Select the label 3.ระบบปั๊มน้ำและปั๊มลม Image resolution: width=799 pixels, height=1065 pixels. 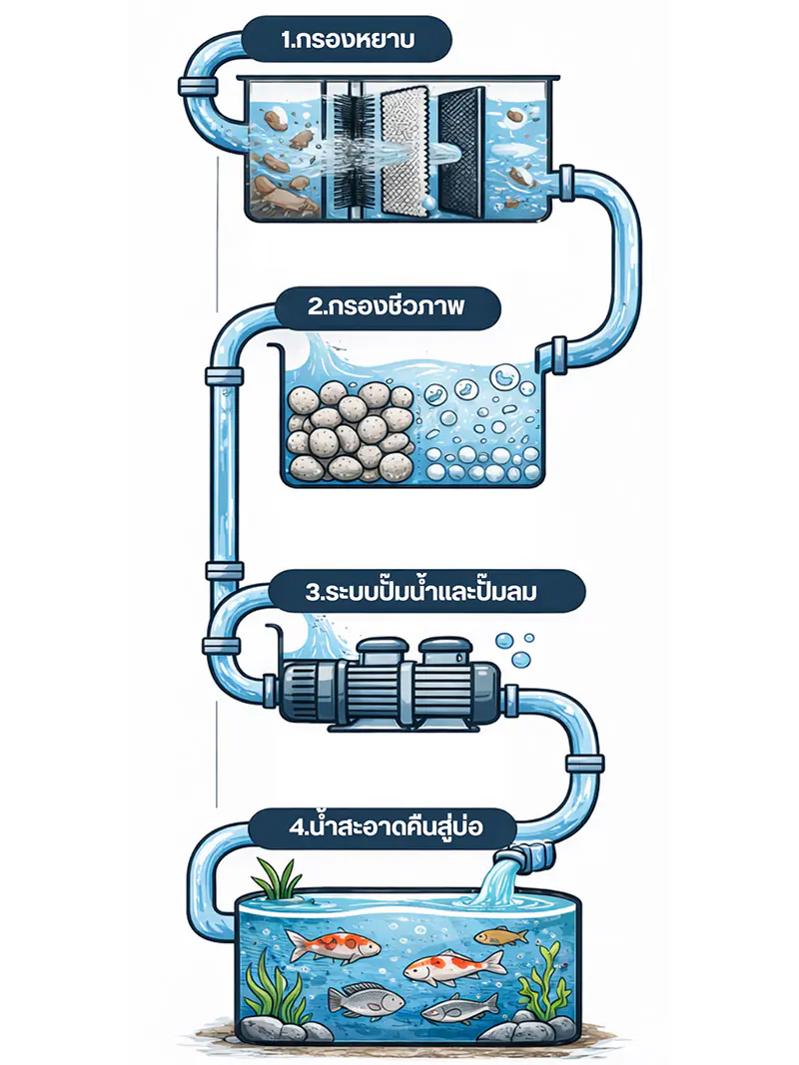coord(421,591)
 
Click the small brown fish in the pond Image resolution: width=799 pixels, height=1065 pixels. coord(501,936)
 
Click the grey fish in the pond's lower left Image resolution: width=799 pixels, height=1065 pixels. coord(366,999)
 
